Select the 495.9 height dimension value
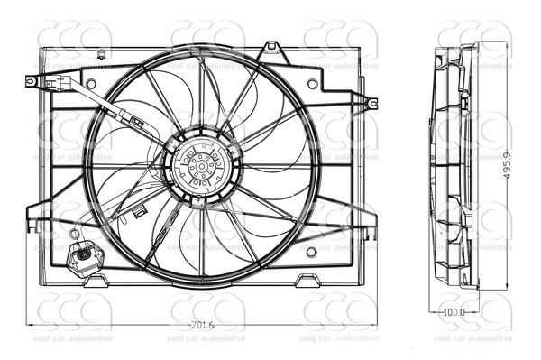[507, 164]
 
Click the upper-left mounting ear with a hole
[31, 81]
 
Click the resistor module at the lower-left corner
[85, 258]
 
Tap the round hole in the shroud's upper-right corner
[312, 84]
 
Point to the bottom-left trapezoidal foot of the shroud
[96, 280]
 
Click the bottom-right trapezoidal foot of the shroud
[307, 279]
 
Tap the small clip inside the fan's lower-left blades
[140, 212]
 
